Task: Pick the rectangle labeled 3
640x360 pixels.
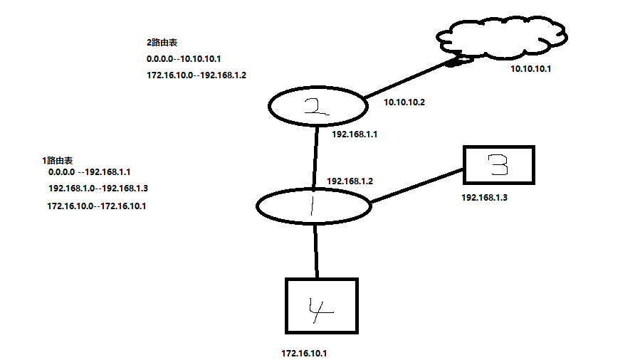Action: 498,166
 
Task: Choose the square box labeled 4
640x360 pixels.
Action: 321,306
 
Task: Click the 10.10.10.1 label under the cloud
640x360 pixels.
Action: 532,69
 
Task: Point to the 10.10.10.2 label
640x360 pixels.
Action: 404,102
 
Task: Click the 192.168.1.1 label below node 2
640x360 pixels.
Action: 354,133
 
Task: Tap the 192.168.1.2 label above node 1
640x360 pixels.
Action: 350,181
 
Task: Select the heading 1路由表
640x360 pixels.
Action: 58,161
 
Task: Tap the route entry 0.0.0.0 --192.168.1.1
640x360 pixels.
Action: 90,172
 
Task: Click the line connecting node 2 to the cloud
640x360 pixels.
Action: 406,80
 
